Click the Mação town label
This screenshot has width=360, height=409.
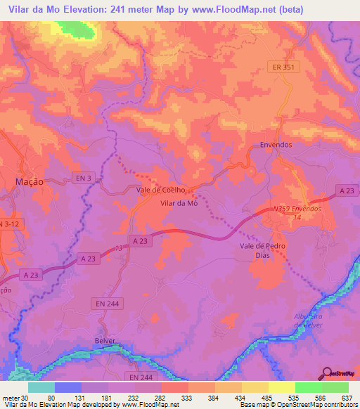point(30,181)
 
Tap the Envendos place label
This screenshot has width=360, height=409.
point(276,145)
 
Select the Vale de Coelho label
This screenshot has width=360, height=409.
point(160,190)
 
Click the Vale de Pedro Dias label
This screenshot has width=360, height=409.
point(262,251)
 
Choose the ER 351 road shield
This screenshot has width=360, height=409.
point(284,67)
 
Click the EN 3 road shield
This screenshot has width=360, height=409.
point(83,179)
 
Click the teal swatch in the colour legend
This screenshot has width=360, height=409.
point(41,387)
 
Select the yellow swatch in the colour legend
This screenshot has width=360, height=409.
point(281,387)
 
